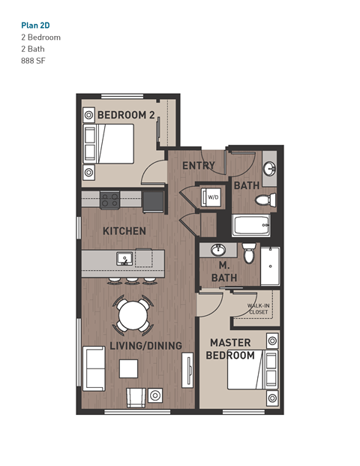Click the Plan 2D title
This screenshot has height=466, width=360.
pyautogui.click(x=37, y=24)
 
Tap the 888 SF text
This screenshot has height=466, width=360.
pyautogui.click(x=34, y=61)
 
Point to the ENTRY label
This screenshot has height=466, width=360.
pyautogui.click(x=199, y=166)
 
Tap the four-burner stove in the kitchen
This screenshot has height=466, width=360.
pyautogui.click(x=110, y=200)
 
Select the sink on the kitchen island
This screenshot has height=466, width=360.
pyautogui.click(x=124, y=259)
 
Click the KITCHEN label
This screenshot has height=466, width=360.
pyautogui.click(x=124, y=231)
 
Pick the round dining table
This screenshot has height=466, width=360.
pyautogui.click(x=133, y=314)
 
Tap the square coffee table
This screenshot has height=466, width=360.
pyautogui.click(x=129, y=368)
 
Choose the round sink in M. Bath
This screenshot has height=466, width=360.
pyautogui.click(x=219, y=250)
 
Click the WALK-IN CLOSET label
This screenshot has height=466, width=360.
pyautogui.click(x=259, y=308)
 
